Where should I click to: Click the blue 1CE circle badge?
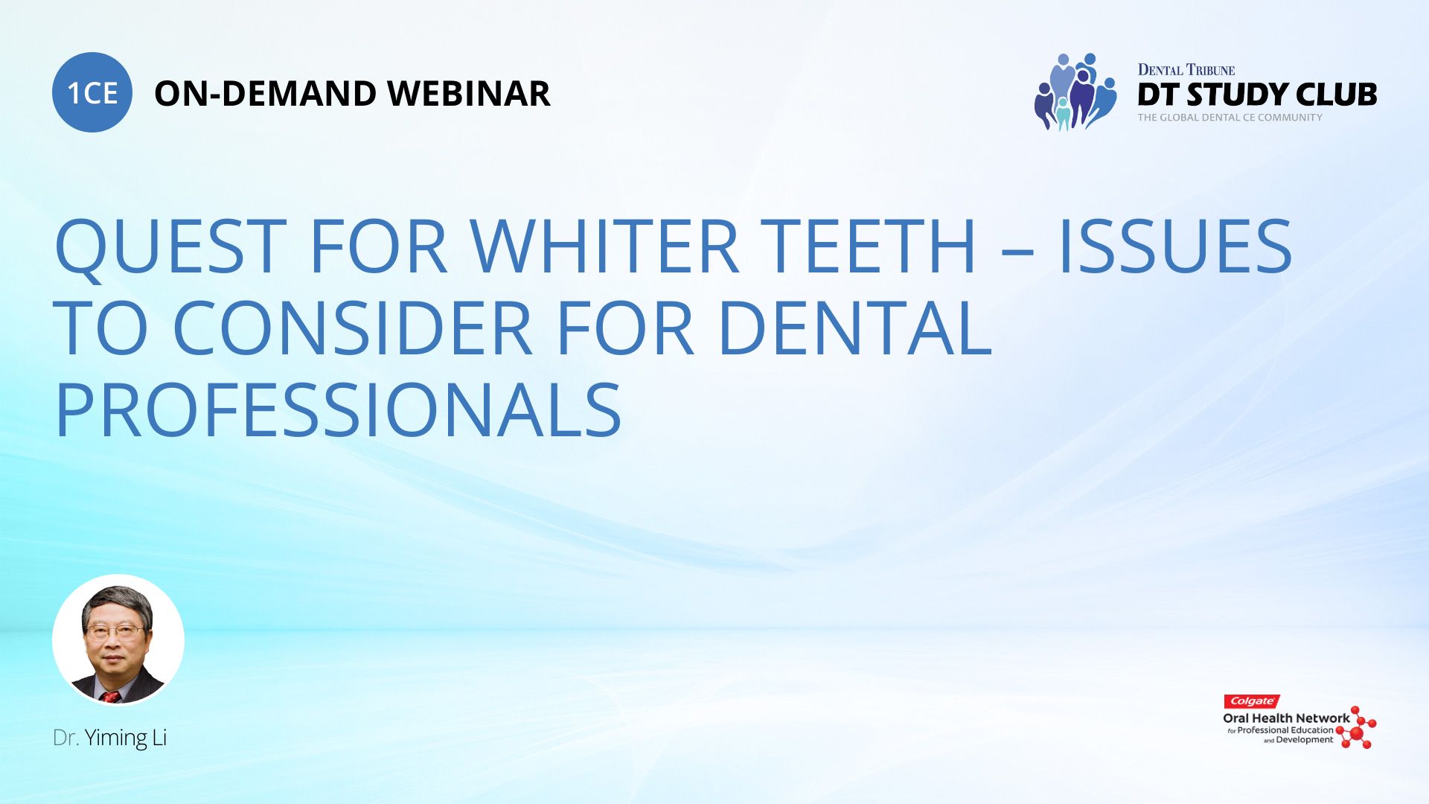click(92, 92)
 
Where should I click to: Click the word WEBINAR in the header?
click(469, 94)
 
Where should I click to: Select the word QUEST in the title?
click(170, 246)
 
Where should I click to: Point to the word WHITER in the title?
click(604, 246)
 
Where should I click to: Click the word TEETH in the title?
click(868, 246)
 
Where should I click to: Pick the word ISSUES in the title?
click(1175, 246)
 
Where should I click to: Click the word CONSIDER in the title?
click(352, 328)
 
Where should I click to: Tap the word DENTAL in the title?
click(854, 328)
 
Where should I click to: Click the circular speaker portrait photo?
click(118, 639)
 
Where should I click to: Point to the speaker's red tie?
click(111, 697)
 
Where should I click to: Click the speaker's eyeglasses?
click(115, 632)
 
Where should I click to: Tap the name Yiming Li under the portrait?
click(125, 738)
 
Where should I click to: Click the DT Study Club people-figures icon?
click(1075, 92)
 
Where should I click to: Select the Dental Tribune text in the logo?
click(1186, 70)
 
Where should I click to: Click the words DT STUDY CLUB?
click(1257, 95)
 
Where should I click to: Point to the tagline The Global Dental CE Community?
click(1230, 118)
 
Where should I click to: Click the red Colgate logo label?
click(1252, 701)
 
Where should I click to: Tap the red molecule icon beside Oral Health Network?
click(1357, 727)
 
